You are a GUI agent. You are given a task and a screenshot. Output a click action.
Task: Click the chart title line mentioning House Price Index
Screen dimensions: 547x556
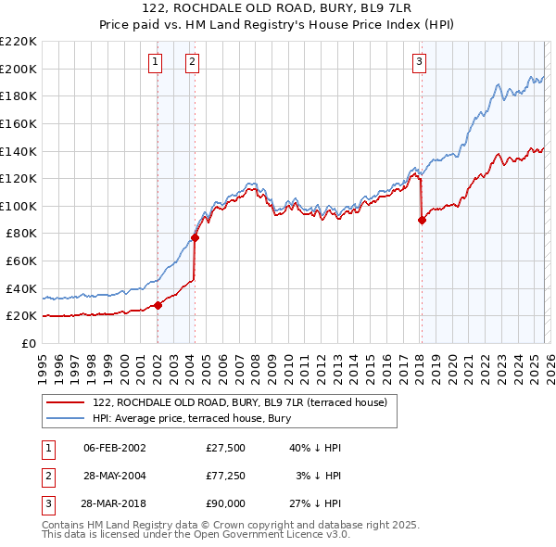tap(278, 27)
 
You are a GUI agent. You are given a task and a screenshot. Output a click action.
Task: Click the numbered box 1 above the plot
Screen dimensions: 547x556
tap(154, 62)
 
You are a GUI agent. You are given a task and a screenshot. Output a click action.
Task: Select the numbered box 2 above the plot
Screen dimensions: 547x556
tap(192, 62)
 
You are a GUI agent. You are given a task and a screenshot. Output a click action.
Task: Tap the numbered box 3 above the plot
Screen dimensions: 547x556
tap(419, 62)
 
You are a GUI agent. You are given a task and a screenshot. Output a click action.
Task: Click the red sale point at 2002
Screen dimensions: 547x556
tap(158, 305)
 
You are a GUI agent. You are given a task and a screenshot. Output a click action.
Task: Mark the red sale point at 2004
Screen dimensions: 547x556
tap(196, 237)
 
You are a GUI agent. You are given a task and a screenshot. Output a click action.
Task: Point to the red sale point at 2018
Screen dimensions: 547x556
tap(422, 220)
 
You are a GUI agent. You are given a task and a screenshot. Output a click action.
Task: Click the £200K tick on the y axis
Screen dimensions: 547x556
tap(19, 69)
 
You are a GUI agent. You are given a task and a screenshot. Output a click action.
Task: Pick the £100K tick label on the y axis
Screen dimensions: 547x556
tap(19, 206)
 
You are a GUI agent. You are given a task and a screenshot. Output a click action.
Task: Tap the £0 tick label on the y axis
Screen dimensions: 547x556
tap(28, 343)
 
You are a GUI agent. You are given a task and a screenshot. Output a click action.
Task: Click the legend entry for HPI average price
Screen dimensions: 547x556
tap(192, 418)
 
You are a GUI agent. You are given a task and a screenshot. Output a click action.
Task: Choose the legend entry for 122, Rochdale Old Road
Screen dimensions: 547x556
tap(245, 401)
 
